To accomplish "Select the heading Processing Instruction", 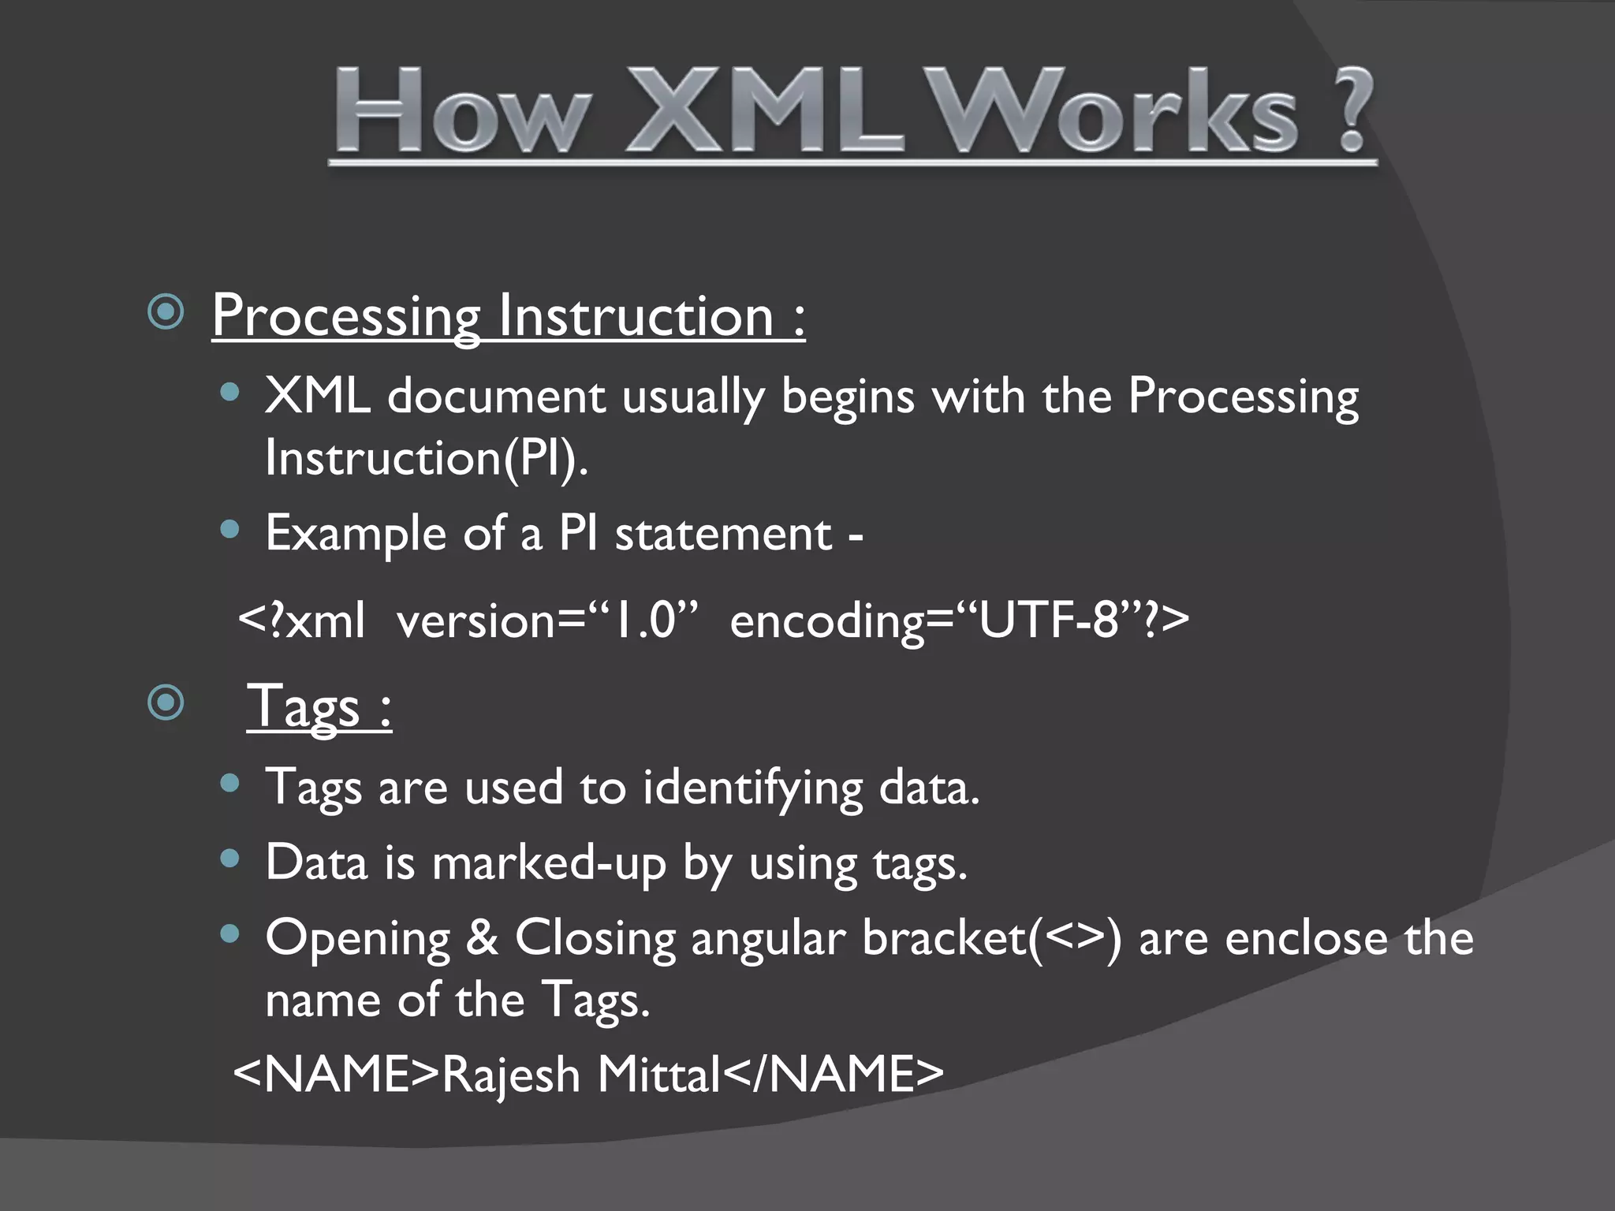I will (508, 315).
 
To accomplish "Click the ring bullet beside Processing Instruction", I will (166, 313).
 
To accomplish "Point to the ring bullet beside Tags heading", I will (166, 702).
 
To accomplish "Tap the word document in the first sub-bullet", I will (496, 395).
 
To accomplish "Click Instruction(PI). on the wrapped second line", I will (426, 457).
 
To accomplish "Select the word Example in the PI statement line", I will (356, 534).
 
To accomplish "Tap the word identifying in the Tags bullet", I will (752, 788).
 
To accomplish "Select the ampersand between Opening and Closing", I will (482, 938).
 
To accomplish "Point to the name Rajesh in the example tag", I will (510, 1075).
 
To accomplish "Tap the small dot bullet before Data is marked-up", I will (229, 858).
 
